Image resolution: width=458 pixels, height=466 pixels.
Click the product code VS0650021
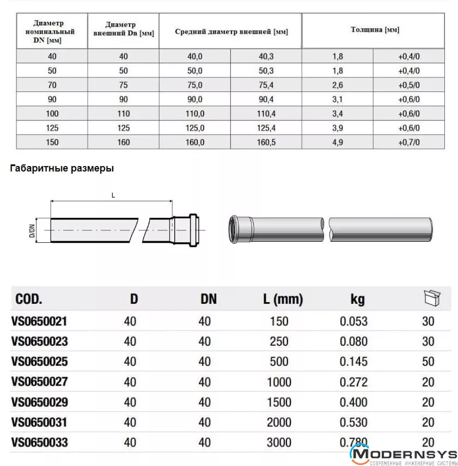point(39,321)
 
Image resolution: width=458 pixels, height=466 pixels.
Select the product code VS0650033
point(39,442)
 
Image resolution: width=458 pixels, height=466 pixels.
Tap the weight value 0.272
point(353,382)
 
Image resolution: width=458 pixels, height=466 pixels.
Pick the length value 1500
point(279,402)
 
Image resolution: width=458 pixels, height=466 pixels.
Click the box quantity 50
point(428,362)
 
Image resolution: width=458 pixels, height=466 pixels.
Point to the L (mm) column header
point(283,299)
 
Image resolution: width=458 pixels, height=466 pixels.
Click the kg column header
point(357,299)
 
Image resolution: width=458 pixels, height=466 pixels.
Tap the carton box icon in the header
point(432,298)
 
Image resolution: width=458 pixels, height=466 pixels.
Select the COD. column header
point(29,299)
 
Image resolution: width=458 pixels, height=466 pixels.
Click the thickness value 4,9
point(337,142)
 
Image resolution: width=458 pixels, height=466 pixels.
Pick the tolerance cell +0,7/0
point(408,142)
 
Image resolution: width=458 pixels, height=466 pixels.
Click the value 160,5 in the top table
point(266,142)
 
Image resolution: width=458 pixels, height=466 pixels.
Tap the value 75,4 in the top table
point(266,85)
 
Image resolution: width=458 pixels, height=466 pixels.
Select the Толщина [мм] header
point(375,30)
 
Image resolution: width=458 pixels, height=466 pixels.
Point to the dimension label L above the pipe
point(113,195)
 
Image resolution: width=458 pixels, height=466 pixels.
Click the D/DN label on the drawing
point(32,231)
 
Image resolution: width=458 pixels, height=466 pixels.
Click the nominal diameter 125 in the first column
point(52,128)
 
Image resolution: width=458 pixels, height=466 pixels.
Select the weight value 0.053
point(353,321)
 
